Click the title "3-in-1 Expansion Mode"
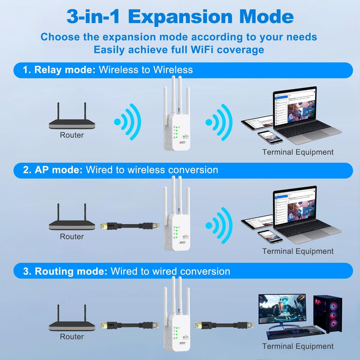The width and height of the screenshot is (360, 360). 180,16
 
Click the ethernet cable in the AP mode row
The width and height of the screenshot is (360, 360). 129,225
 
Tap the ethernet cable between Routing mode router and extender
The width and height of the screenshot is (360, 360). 129,326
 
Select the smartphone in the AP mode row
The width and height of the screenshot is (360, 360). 270,236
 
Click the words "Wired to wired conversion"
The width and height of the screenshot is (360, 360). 170,271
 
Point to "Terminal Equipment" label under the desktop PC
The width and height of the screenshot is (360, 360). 298,346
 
